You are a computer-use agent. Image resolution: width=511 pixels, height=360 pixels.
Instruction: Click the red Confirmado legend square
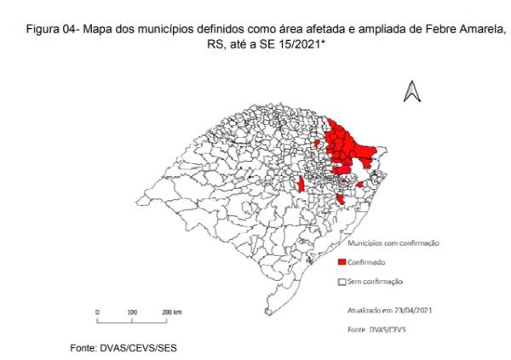(x=342, y=262)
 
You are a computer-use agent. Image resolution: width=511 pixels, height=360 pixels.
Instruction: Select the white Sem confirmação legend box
(x=342, y=281)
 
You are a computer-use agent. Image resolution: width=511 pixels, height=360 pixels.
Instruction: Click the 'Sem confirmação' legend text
(x=376, y=281)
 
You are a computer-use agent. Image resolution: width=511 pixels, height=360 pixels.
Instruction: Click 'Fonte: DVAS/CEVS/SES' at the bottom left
(x=126, y=348)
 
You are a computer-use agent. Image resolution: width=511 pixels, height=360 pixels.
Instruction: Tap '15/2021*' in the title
(x=305, y=44)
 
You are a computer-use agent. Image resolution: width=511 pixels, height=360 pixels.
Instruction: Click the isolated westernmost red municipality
(x=301, y=186)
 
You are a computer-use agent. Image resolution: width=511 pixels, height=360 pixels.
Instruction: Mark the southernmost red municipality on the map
(x=341, y=199)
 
